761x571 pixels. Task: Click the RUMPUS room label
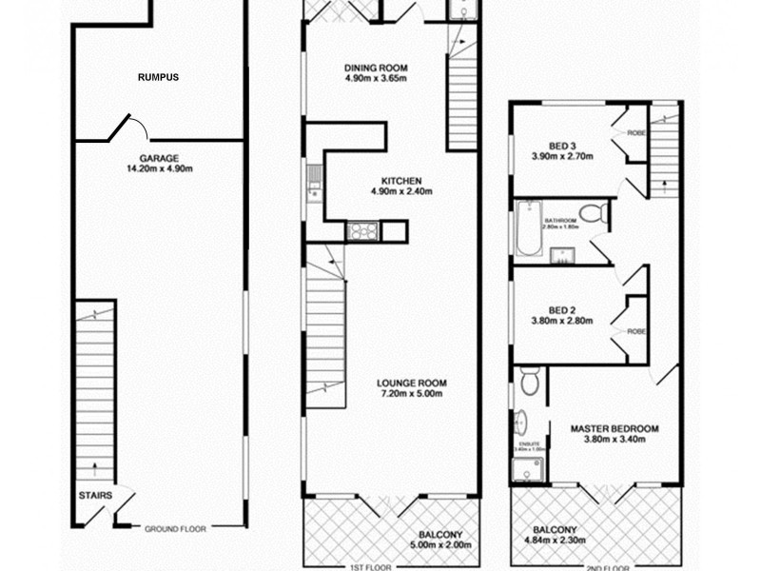159,77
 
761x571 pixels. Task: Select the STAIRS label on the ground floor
96,496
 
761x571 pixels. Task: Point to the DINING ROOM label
376,68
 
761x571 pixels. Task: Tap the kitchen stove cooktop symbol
362,230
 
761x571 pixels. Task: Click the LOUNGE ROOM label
411,384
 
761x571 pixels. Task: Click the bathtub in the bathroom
529,229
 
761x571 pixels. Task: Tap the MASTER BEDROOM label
615,428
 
